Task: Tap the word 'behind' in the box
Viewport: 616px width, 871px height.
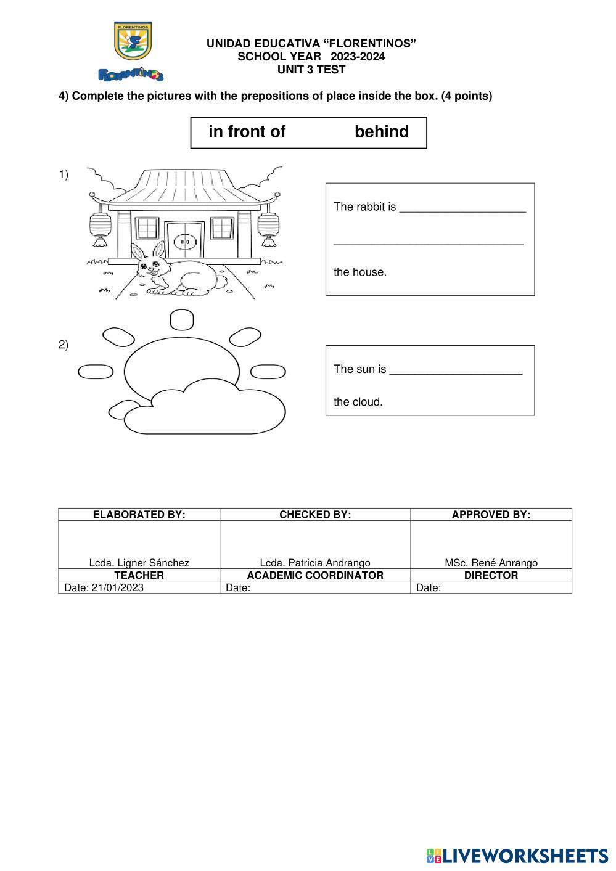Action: click(382, 132)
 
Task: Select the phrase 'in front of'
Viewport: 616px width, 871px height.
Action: click(247, 132)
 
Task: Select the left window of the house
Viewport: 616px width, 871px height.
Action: click(147, 229)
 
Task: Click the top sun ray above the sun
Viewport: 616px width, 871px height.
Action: click(181, 319)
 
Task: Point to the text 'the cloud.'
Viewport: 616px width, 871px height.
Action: click(358, 402)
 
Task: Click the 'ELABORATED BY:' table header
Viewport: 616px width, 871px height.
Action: click(139, 515)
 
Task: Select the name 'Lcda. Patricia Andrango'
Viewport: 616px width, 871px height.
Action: click(315, 563)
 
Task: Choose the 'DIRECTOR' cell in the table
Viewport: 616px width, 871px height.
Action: click(491, 575)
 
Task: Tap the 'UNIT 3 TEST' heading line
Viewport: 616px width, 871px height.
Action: click(311, 70)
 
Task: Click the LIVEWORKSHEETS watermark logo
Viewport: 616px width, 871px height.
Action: click(517, 856)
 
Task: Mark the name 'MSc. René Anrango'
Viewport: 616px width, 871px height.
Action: click(491, 563)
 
